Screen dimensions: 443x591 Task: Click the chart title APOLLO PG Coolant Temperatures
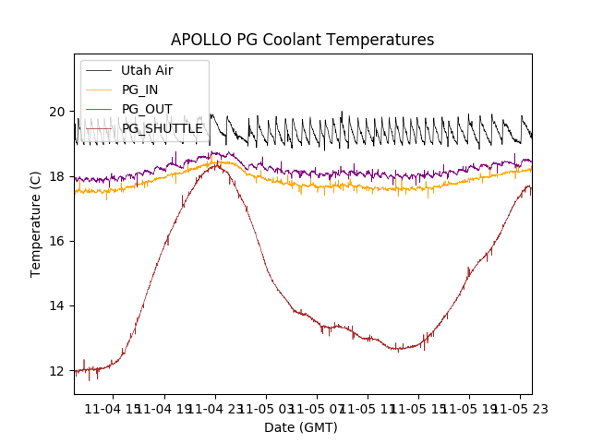(x=302, y=40)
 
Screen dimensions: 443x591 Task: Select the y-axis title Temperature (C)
(x=36, y=223)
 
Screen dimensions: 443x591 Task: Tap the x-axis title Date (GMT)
(x=301, y=427)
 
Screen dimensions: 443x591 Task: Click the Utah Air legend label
(x=147, y=70)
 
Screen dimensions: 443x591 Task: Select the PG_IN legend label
(x=139, y=90)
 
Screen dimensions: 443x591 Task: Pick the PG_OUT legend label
(x=146, y=109)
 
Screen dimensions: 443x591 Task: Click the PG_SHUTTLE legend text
(x=163, y=128)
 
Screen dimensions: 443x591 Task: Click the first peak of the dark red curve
(x=215, y=164)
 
